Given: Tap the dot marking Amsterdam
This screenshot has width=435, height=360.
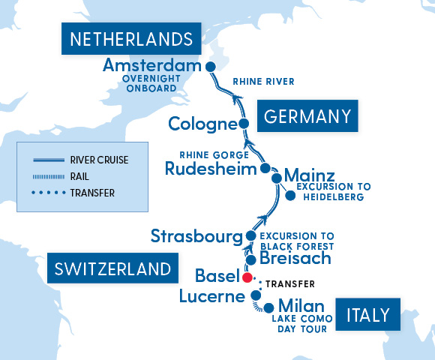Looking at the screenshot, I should [211, 65].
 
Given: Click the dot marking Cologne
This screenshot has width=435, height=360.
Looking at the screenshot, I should [243, 124].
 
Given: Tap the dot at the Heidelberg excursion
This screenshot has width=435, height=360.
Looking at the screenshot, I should [290, 196].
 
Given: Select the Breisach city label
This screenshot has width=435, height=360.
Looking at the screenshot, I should [295, 259].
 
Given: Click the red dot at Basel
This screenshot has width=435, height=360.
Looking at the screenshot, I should [246, 277].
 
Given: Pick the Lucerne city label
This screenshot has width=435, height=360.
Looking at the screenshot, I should [212, 297].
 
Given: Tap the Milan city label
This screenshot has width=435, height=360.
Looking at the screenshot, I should [301, 306].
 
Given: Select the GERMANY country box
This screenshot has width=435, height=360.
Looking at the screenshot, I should [307, 116].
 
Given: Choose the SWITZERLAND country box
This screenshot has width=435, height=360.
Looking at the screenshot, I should [112, 269].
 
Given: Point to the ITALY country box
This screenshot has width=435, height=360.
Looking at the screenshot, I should [367, 315].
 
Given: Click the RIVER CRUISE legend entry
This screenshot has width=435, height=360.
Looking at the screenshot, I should [97, 160].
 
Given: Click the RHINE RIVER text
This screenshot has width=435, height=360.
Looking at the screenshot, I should [263, 82].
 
